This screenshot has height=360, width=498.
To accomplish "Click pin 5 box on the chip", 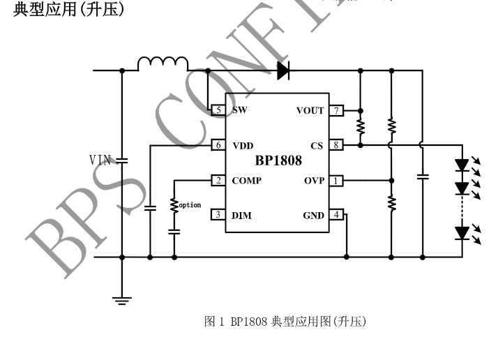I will pos(218,111).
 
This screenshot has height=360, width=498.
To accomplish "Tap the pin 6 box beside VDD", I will pos(218,145).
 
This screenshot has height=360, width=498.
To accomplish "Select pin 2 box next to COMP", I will pos(218,181).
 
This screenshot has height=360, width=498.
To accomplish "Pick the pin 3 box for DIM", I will pos(218,215).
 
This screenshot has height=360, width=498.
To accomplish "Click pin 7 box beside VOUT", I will pos(337,111).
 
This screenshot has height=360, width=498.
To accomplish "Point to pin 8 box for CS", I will pos(337,145).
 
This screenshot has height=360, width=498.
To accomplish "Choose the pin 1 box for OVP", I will pos(337,181).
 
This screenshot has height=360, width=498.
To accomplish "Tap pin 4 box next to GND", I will pos(337,215).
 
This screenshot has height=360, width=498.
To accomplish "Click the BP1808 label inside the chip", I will pos(278,161).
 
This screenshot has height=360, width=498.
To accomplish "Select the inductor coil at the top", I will pos(163,64).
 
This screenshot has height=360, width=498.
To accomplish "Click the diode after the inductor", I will pos(283,70).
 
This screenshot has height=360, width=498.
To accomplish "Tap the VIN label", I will pos(100,160).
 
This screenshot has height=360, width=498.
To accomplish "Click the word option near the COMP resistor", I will pos(190,205).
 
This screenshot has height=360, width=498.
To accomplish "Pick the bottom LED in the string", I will pos(462,232).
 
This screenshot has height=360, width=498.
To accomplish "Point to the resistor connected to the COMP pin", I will pos(174,205).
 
